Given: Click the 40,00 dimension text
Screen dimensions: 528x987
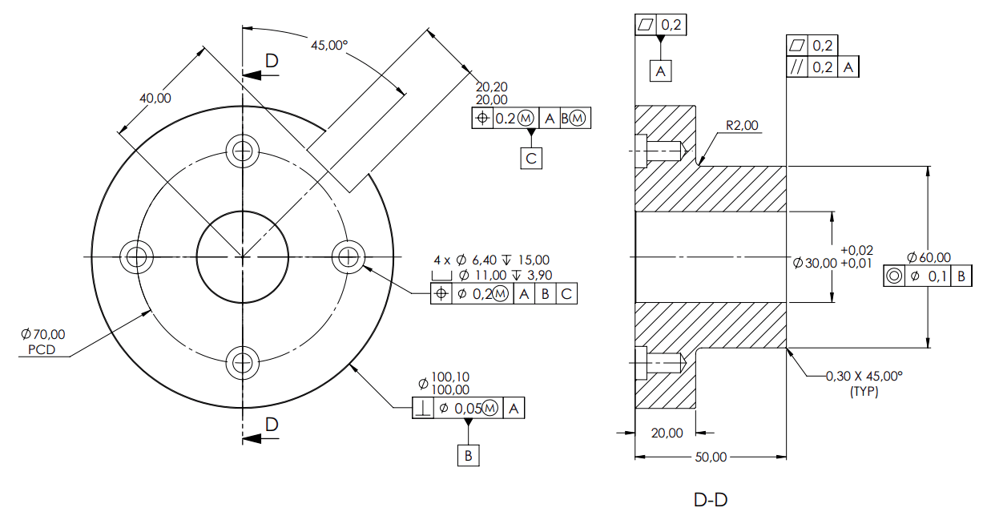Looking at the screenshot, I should point(155,98).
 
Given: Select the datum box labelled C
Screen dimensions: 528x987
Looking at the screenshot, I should point(530,158).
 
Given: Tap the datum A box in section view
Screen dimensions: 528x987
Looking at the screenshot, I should point(660,71).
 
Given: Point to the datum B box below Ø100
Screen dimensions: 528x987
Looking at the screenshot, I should point(469,456).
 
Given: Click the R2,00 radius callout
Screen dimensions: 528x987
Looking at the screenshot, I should point(742,126).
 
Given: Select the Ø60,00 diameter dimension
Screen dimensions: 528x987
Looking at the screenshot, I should point(929,257).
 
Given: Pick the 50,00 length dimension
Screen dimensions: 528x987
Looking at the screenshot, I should point(710,457).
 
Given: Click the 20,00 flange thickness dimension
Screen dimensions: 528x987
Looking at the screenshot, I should point(667,433).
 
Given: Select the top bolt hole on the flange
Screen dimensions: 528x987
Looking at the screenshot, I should point(241,149).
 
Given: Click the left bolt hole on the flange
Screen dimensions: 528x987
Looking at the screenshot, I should point(135,256).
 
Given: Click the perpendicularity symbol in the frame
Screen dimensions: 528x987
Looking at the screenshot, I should point(423,409).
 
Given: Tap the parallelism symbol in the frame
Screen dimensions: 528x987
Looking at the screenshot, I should point(796,67).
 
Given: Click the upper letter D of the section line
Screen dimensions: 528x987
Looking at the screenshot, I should point(272,61).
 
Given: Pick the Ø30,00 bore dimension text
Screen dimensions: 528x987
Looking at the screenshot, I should point(814,263).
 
